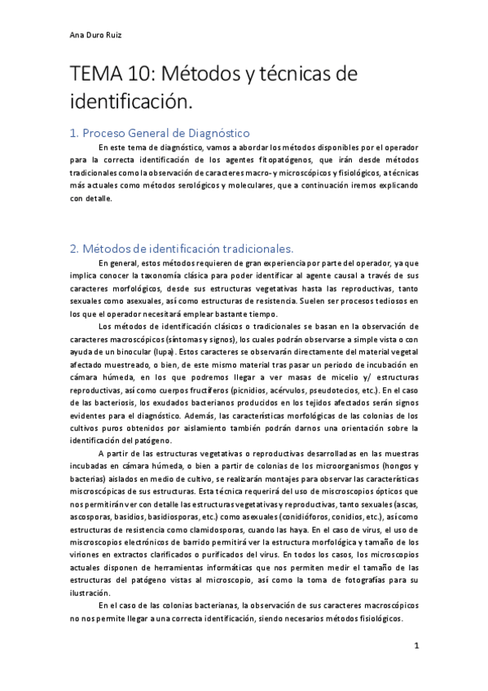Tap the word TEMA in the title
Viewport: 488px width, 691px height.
click(97, 76)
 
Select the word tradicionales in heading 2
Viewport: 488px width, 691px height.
click(248, 248)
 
